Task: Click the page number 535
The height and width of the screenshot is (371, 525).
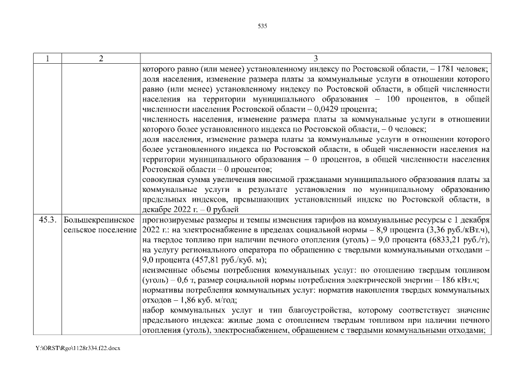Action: point(262,26)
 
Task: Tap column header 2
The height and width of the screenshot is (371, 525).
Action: point(100,59)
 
